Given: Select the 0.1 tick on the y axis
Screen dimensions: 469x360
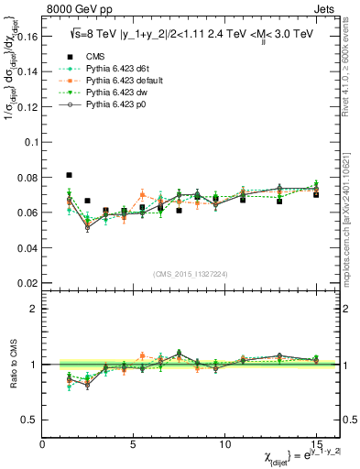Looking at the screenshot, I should (x=33, y=142).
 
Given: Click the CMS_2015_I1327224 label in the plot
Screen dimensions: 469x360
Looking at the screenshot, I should (x=190, y=274).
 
